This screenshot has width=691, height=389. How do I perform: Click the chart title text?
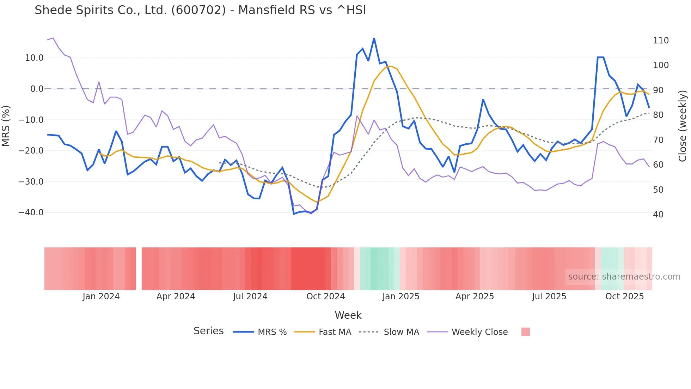point(200,10)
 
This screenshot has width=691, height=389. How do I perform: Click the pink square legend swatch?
point(525,332)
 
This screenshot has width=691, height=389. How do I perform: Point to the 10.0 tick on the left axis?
point(34,58)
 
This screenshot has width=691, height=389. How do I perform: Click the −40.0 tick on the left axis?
point(31,213)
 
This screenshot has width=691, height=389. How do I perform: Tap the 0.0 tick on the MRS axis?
point(37,89)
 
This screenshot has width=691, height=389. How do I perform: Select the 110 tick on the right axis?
point(661,41)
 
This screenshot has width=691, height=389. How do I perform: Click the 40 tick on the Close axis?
point(658,215)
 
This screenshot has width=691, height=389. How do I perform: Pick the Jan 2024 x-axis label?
point(101,297)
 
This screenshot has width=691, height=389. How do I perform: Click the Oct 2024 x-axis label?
point(325,297)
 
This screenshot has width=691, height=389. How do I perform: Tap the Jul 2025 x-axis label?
point(549,297)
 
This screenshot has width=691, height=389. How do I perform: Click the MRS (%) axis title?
point(6,126)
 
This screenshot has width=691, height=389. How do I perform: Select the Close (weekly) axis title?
point(683,126)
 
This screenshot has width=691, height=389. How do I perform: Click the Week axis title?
point(348,315)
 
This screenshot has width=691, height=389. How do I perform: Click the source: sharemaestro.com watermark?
point(624,277)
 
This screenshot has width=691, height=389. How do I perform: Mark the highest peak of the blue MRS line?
point(374,38)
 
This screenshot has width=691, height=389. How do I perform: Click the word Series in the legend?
point(208,331)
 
